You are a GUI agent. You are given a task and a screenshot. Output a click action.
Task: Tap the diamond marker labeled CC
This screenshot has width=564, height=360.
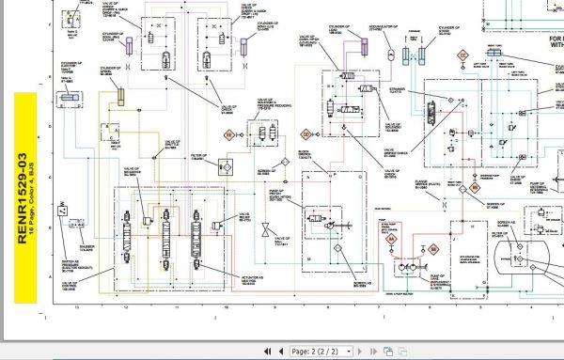click(462, 56)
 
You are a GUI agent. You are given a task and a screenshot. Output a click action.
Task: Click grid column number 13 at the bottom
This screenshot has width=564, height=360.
click(76, 305)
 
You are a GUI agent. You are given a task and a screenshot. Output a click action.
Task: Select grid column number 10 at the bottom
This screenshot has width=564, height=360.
click(226, 305)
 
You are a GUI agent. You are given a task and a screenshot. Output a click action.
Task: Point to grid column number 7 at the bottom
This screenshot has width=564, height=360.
click(377, 305)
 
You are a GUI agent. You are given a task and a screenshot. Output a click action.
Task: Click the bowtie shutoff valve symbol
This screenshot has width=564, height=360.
click(266, 230)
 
